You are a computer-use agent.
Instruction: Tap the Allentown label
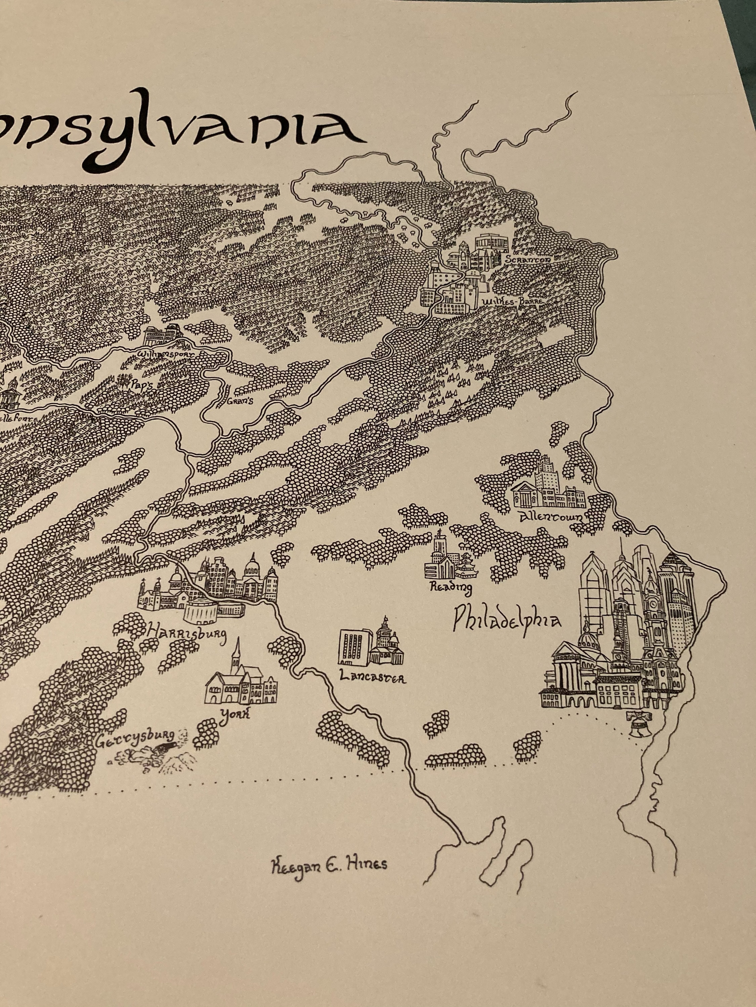[550, 517]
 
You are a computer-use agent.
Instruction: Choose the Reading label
[451, 589]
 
